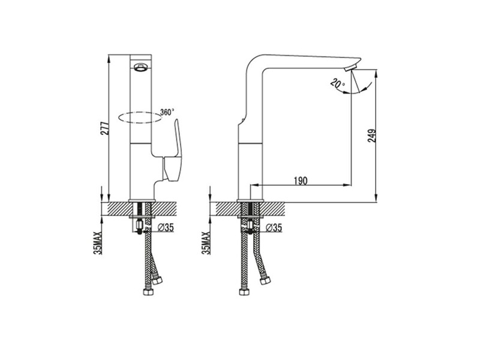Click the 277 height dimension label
pos(104,128)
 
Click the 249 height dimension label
pos(372,136)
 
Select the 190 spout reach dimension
pos(301,181)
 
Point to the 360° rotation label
pos(167,112)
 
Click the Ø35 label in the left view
pos(166,227)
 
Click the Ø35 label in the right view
pos(274,227)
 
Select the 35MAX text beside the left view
pos(98,244)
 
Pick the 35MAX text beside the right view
pos(206,244)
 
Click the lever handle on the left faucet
pos(173,153)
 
